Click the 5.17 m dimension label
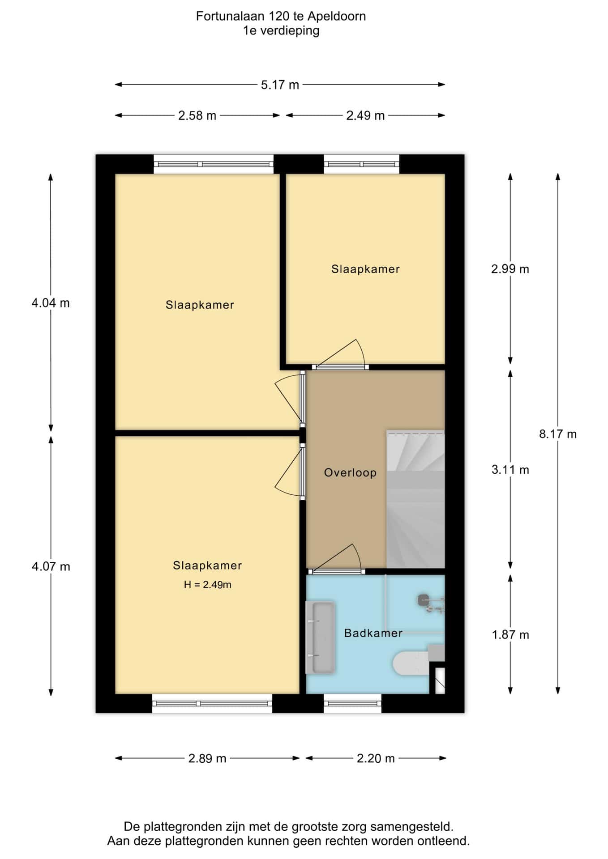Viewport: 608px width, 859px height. pos(280,85)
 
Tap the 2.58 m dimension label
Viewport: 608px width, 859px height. pos(197,115)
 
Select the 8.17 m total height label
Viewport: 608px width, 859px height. pos(558,434)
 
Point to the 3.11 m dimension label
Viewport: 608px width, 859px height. pos(510,470)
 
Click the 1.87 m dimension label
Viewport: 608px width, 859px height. pos(510,635)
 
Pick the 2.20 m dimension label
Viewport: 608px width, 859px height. pos(376,758)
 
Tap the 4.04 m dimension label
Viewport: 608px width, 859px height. pos(51,303)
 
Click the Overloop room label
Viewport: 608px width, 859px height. pos(350,473)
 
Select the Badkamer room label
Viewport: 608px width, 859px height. pos(373,633)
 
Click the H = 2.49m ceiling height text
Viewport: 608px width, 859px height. pos(207,585)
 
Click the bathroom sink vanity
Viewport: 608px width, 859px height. pos(320,638)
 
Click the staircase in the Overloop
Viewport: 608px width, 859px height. pos(415,499)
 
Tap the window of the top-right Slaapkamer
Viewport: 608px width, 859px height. pos(361,164)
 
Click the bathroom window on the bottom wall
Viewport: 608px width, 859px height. pos(352,703)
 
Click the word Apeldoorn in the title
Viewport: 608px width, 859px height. pos(337,17)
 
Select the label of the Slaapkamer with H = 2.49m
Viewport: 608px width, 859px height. pos(207,566)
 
